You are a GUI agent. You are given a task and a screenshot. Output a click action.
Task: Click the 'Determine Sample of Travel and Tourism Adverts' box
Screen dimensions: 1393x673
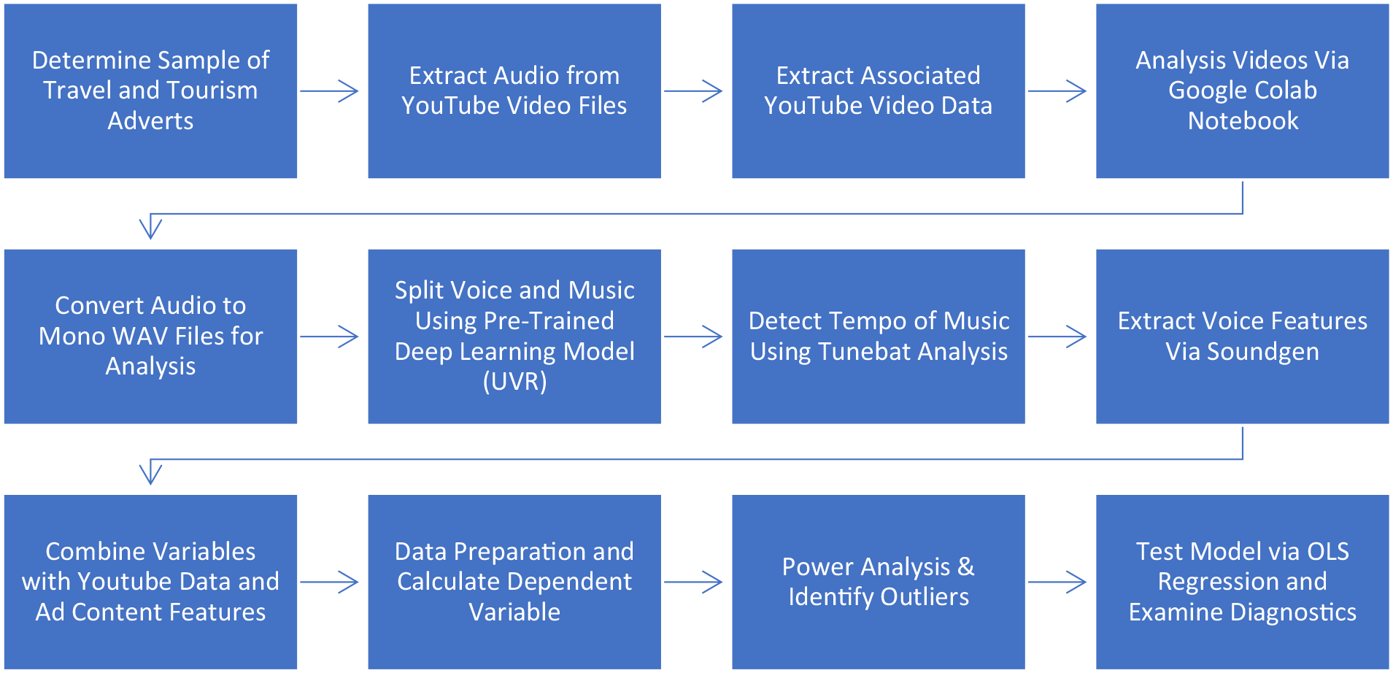coord(150,91)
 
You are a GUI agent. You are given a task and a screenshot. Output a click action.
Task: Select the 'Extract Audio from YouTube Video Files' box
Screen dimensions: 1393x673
coord(514,91)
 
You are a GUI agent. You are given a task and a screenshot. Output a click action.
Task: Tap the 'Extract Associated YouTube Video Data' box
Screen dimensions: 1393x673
coord(879,91)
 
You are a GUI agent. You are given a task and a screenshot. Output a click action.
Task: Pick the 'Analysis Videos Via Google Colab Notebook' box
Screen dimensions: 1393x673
coord(1243,91)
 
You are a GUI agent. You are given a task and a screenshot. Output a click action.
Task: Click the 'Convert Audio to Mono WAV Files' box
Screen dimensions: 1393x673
coord(150,336)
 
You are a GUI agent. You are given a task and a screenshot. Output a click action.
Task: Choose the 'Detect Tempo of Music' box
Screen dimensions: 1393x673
coord(879,336)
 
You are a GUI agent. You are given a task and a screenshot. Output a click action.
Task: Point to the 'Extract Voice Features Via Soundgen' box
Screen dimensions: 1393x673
coord(1243,336)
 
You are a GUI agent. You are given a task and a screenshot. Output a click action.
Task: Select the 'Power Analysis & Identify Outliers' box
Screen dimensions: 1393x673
coord(879,582)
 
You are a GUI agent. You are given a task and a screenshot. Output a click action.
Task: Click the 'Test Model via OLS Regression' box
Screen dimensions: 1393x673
coord(1243,582)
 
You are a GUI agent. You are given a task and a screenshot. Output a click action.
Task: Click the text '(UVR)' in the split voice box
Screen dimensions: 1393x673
coord(514,382)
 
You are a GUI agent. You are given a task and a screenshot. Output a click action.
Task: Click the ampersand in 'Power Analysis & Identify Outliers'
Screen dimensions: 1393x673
coord(965,566)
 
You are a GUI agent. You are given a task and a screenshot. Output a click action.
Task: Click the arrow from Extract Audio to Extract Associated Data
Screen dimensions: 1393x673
coord(693,91)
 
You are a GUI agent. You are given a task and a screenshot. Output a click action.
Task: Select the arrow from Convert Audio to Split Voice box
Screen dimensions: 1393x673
coord(329,336)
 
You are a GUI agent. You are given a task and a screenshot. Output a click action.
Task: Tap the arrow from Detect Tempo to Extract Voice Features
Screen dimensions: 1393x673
coord(1057,336)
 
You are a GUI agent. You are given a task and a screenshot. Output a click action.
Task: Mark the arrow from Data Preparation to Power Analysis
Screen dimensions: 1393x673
coord(693,582)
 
